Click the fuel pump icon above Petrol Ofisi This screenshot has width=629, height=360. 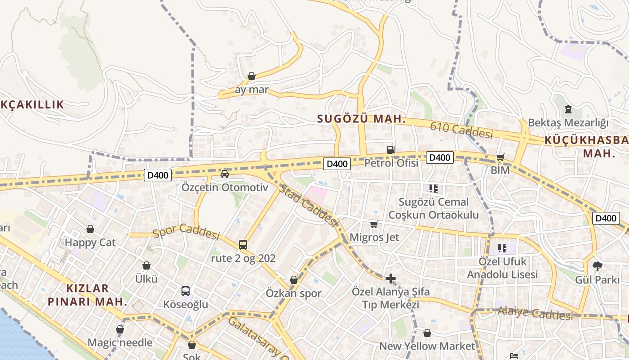point(391,149)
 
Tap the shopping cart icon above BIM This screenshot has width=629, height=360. point(500,157)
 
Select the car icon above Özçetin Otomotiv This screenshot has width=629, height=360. point(225,174)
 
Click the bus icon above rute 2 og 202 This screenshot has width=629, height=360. point(243,245)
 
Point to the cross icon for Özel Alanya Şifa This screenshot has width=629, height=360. point(391,279)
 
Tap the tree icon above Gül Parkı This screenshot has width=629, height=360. point(598,266)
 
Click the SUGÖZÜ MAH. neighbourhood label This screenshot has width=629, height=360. point(361,119)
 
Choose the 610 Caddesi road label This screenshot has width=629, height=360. point(461,130)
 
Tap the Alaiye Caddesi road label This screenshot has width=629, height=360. point(535,313)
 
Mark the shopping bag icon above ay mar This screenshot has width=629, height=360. point(252,76)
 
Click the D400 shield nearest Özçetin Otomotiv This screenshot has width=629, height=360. point(158,175)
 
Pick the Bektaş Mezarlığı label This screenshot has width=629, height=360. point(568,122)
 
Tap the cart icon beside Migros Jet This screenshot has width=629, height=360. point(374,224)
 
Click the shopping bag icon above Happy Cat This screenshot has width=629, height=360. point(90,229)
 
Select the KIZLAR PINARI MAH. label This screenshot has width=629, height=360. point(88,295)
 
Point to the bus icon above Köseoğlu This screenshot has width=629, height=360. point(186,291)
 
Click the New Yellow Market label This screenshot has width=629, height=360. point(427,346)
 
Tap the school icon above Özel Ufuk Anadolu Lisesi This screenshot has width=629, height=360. point(502,248)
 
